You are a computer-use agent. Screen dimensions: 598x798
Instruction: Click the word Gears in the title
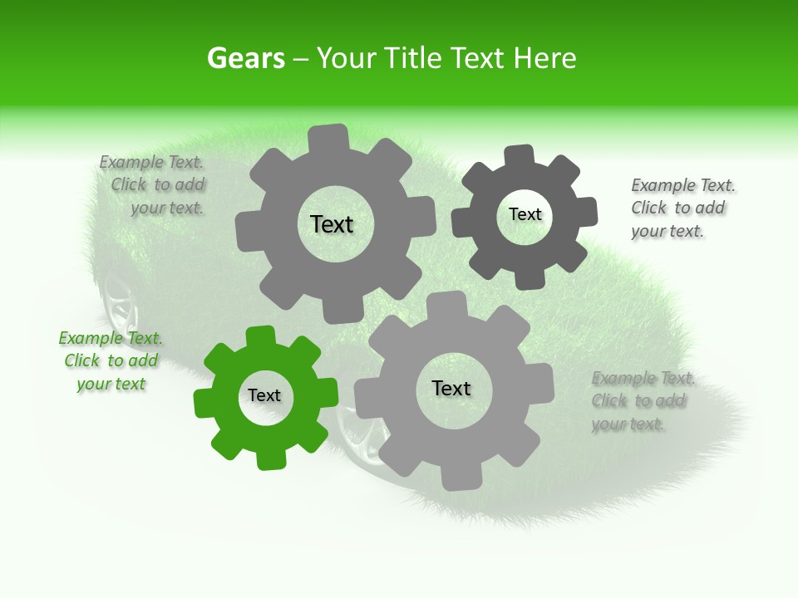point(245,59)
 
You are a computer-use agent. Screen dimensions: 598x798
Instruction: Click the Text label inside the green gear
point(264,395)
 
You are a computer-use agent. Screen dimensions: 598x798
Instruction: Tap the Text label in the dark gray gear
point(525,214)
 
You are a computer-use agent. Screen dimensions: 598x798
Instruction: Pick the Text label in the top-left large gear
point(332,224)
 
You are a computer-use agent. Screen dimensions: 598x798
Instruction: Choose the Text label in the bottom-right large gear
point(451,388)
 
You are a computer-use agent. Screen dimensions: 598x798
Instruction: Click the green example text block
point(111,361)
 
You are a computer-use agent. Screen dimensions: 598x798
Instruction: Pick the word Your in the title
point(347,59)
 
